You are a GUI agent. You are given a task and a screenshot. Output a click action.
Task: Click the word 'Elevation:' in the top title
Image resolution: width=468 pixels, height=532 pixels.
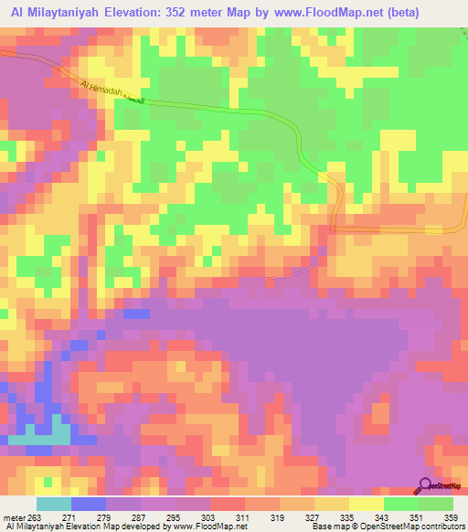point(137,14)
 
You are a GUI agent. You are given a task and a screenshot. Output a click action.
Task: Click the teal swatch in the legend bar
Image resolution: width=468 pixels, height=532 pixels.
point(53,505)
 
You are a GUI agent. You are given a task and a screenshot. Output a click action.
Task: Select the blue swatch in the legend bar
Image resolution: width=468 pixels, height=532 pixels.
point(88,505)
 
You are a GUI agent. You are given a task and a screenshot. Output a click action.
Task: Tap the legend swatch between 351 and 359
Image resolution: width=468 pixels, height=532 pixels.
point(436,505)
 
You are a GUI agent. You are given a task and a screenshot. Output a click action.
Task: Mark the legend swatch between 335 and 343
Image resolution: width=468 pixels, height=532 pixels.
point(367,505)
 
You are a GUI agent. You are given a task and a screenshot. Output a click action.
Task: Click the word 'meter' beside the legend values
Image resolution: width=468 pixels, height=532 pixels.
point(16,517)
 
